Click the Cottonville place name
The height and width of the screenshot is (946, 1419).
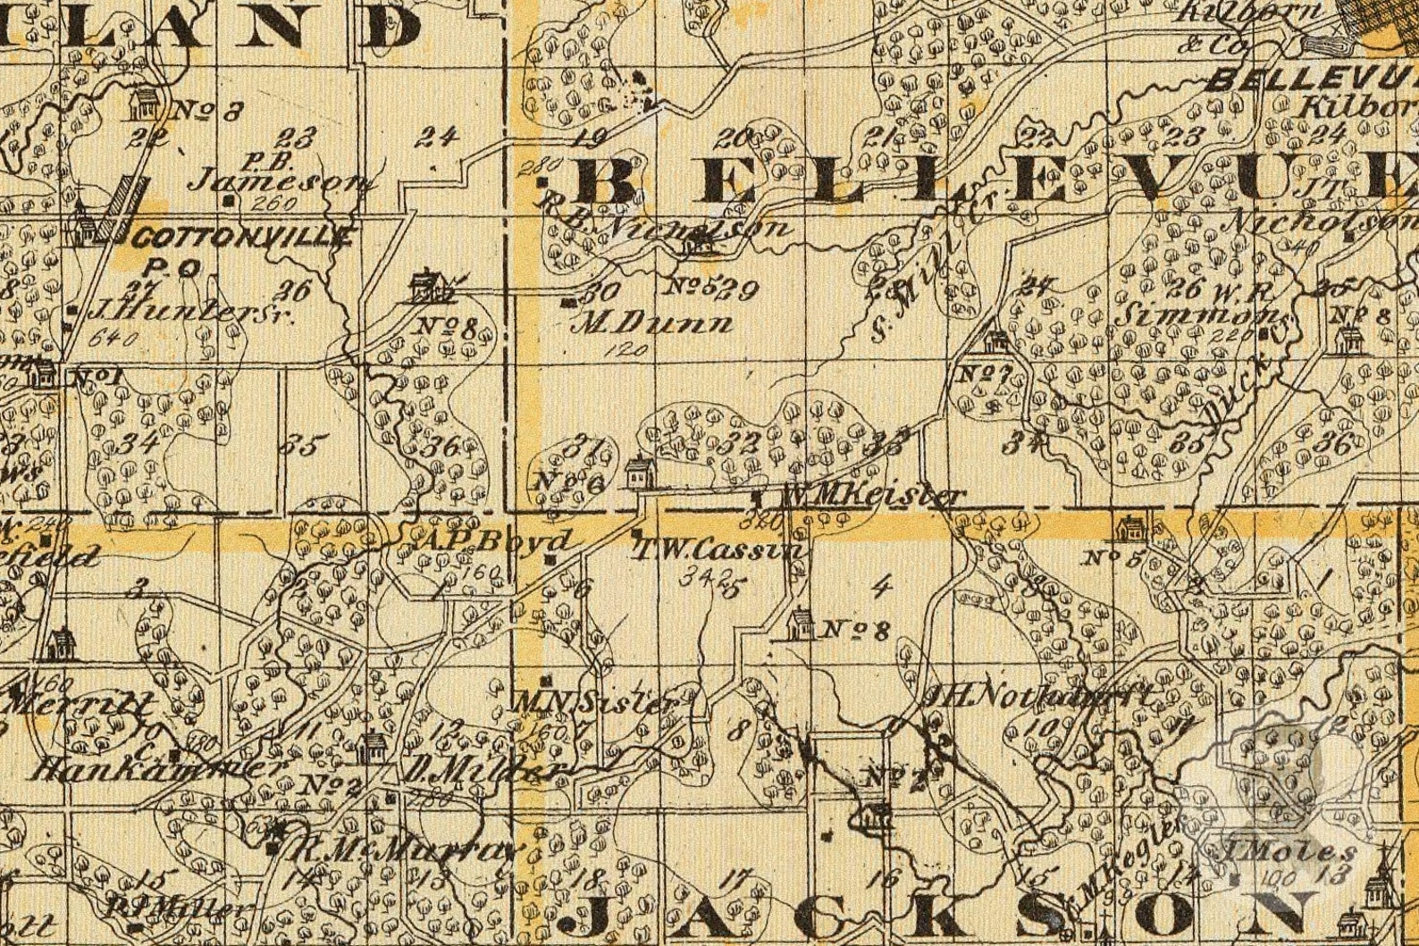(243, 238)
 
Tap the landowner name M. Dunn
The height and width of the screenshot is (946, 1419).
(657, 322)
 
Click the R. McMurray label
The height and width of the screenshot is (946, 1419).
(404, 851)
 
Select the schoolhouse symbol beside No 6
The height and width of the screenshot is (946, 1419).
(638, 473)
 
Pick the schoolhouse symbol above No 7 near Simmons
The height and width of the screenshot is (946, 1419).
(995, 342)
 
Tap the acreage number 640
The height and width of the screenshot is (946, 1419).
(115, 339)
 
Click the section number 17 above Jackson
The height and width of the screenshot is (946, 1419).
(735, 877)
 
